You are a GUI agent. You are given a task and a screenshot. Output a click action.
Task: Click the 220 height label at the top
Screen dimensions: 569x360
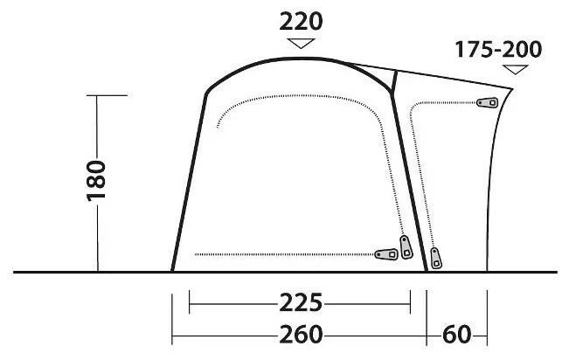coord(301,22)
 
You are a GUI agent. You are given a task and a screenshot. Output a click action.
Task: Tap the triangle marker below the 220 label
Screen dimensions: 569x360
coord(301,43)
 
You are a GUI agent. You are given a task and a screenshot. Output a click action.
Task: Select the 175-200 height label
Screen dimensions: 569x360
coord(498,49)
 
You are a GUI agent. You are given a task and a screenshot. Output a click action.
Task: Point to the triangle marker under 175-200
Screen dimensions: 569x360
coord(515,69)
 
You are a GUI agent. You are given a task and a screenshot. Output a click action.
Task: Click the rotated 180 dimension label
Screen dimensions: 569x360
coord(96,180)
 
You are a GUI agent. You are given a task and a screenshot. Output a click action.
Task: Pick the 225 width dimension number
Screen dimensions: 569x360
coord(301,302)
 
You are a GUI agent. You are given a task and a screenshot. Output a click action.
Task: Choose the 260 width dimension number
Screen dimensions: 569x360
coord(301,335)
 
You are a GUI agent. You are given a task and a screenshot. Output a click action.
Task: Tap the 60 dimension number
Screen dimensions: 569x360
coord(456,335)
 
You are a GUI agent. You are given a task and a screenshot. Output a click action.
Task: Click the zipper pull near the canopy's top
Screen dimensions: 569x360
coord(487,103)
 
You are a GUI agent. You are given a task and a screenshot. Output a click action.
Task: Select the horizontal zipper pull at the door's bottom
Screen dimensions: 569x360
coord(386,254)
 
